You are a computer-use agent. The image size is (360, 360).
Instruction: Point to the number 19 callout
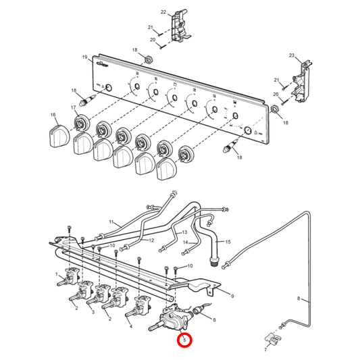coord(85,57)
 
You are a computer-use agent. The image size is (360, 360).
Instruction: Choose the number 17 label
coord(73,107)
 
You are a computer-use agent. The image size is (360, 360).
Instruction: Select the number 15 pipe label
coord(228,241)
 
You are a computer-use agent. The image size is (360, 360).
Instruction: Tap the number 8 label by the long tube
coord(297,298)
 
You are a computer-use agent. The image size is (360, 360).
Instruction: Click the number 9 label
coord(232,296)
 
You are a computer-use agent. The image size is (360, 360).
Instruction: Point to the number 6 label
coord(215,320)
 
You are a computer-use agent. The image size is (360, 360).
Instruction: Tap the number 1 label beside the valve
coord(57,274)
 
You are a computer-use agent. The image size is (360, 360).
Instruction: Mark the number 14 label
coord(185,242)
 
